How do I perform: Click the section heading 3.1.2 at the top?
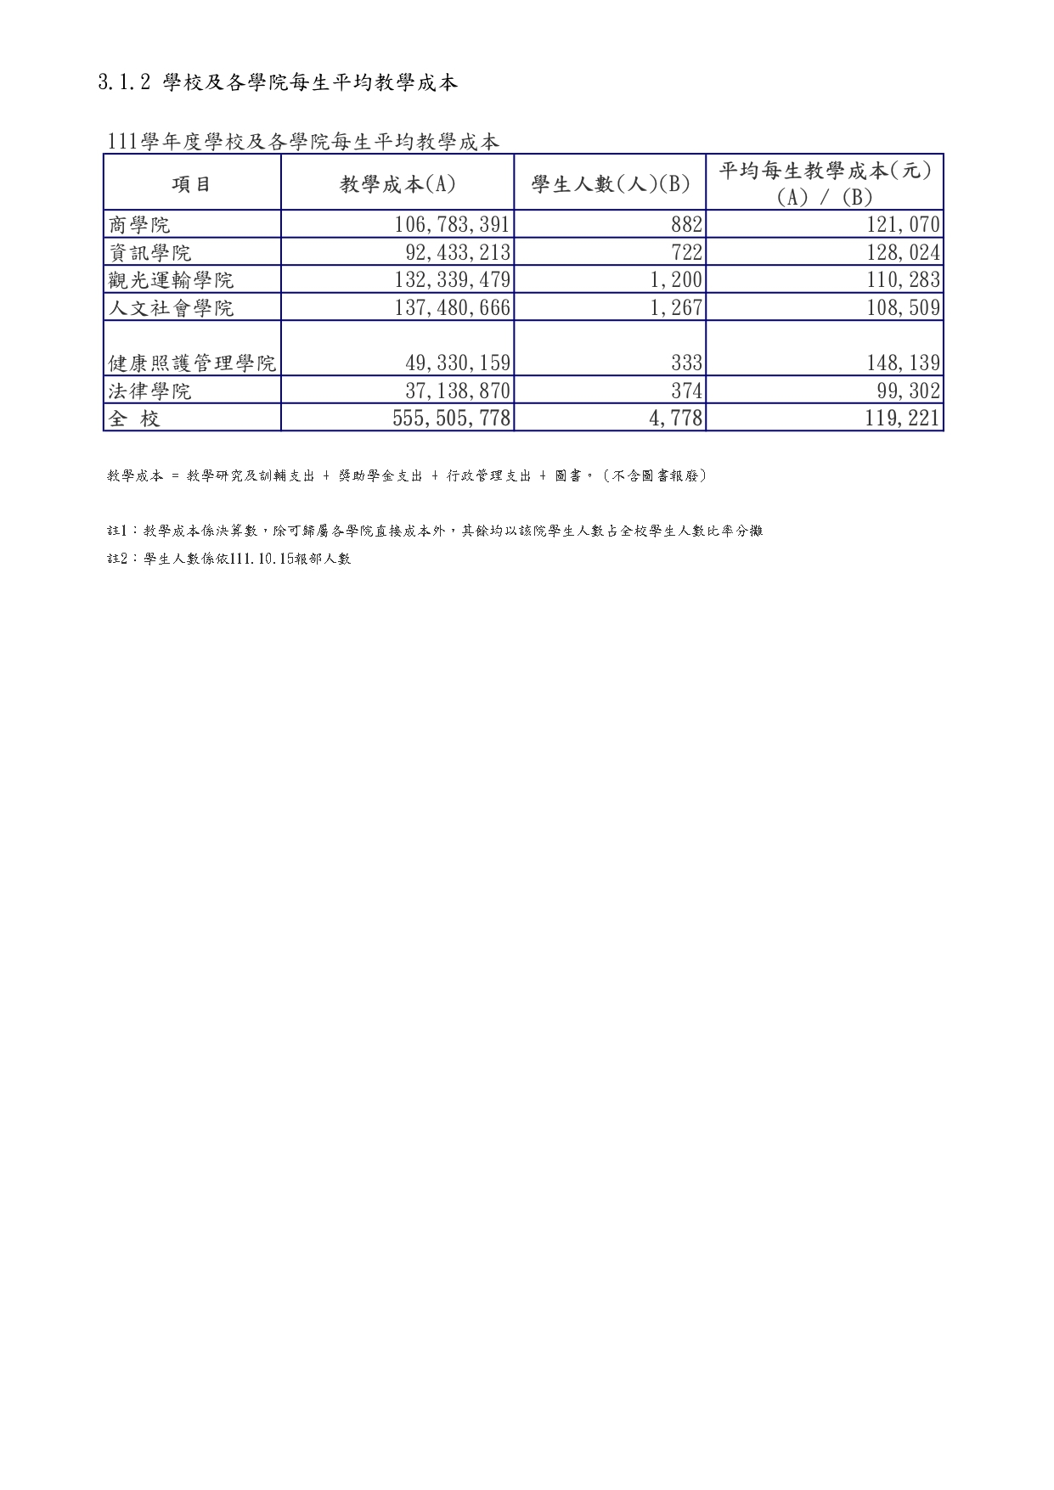(x=278, y=82)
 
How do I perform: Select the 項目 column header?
(x=192, y=184)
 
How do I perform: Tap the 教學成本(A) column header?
(x=397, y=184)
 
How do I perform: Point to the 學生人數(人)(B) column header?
(x=610, y=184)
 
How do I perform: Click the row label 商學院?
(x=140, y=225)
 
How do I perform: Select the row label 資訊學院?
(x=150, y=253)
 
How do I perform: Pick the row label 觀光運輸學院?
(x=171, y=280)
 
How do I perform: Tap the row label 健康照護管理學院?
(x=192, y=363)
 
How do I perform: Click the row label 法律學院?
(x=150, y=391)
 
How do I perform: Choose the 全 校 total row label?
(x=134, y=419)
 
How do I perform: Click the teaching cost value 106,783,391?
(x=452, y=225)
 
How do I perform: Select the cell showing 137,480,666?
(x=452, y=307)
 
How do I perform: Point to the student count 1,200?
(x=676, y=280)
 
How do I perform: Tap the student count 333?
(x=686, y=363)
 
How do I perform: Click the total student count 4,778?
(x=676, y=419)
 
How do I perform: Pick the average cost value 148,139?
(x=903, y=363)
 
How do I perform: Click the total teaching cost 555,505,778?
(x=452, y=419)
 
